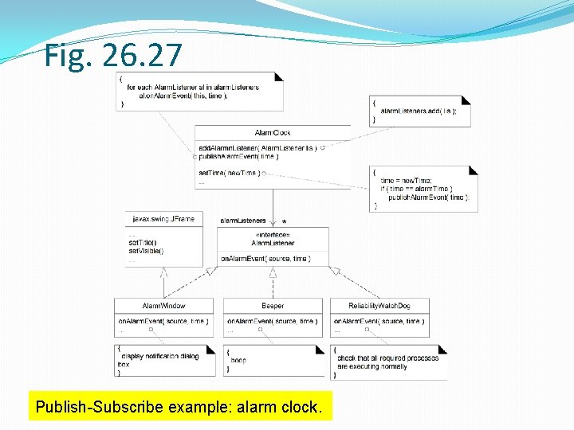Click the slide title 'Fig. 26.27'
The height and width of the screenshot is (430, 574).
[x=113, y=56]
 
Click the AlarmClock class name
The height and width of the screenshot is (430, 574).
[x=273, y=133]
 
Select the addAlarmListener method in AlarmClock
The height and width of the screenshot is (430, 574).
[x=258, y=148]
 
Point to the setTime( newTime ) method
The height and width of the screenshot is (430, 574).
[x=228, y=173]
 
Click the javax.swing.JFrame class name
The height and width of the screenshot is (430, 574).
[x=163, y=219]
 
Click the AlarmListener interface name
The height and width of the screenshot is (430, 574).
[x=273, y=243]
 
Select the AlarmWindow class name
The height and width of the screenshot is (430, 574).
[x=164, y=306]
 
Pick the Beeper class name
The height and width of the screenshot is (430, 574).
[x=273, y=306]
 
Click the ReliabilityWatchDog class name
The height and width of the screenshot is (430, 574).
[x=379, y=306]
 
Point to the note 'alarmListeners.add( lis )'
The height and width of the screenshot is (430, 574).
[x=419, y=111]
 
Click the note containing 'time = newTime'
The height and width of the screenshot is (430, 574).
[x=423, y=189]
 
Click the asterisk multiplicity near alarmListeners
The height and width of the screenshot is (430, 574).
[x=284, y=223]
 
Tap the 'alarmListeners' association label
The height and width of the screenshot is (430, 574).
[x=243, y=220]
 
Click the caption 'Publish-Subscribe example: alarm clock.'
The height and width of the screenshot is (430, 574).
[x=179, y=407]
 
